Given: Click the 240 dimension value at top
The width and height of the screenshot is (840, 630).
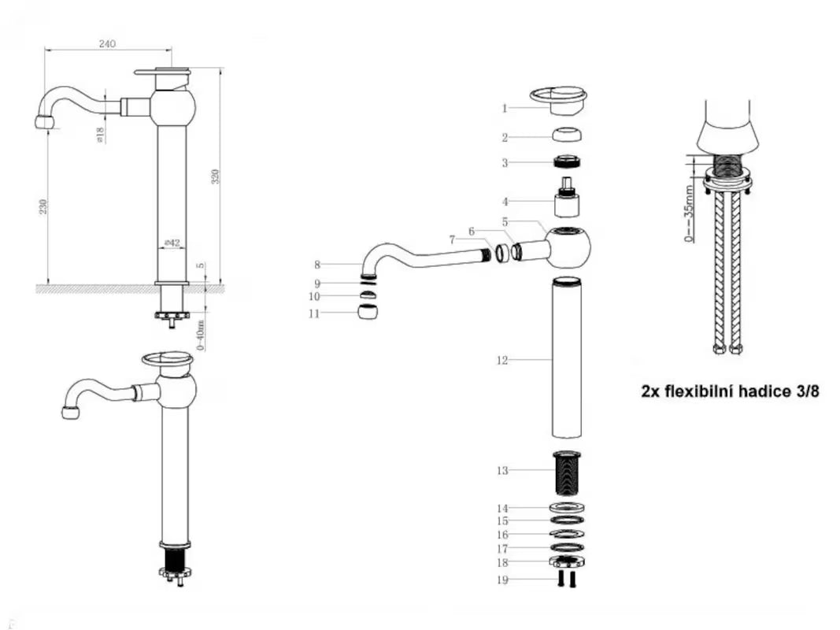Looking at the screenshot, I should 107,44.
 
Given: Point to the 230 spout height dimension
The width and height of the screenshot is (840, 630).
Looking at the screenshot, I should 43,206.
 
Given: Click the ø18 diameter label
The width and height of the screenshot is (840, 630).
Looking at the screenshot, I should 100,135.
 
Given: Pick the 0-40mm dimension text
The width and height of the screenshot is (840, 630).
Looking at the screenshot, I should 201,334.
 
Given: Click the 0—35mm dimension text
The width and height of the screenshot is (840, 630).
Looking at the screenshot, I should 690,215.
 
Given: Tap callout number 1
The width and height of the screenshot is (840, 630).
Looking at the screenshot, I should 505,109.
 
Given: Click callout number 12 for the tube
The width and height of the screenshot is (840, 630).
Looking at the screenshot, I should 501,361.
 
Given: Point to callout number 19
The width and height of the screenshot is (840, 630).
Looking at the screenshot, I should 502,580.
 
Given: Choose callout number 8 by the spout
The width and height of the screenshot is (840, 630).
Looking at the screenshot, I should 317,265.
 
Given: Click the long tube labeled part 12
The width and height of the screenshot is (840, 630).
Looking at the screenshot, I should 566,358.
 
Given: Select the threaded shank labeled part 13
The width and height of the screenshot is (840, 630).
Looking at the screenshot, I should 566,473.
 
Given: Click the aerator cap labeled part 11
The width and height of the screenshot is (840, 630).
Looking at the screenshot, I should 368,312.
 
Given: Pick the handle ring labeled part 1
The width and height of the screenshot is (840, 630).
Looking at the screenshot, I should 560,98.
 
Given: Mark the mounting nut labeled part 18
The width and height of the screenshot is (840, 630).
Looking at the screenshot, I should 566,563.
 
